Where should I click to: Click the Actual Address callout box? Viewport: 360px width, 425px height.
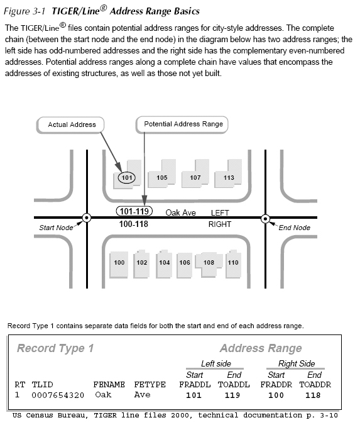(x=72, y=124)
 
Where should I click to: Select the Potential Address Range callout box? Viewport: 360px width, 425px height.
(x=183, y=124)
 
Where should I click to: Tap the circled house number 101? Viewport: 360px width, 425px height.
(x=128, y=178)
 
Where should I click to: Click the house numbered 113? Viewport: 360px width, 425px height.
(x=229, y=177)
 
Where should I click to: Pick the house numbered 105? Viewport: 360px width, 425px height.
(x=162, y=177)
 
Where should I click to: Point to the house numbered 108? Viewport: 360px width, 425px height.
(x=209, y=262)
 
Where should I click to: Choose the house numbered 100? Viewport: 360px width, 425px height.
(x=119, y=262)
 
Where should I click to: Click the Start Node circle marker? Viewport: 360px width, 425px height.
(x=86, y=218)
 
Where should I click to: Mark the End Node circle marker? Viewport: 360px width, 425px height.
(x=265, y=218)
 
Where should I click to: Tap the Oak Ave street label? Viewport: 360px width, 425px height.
(x=181, y=213)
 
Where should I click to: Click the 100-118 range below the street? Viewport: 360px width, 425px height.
(x=133, y=224)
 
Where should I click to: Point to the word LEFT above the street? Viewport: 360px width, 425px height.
(x=221, y=213)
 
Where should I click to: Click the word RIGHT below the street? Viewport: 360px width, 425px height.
(x=220, y=224)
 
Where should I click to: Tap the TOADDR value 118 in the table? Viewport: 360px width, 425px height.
(x=312, y=395)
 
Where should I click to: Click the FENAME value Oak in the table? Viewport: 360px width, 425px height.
(x=103, y=395)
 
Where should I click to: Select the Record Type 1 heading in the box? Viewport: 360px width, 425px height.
(x=55, y=348)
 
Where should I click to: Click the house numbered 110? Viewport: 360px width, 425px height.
(x=232, y=262)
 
